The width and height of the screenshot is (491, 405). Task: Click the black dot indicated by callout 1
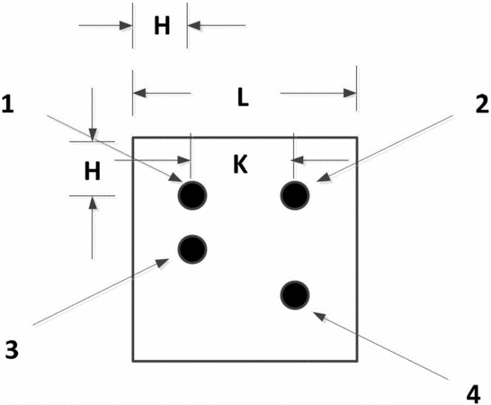click(192, 195)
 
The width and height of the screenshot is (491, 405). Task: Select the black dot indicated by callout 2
click(295, 195)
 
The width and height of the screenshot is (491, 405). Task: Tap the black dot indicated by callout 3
click(192, 249)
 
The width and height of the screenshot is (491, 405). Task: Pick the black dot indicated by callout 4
click(295, 295)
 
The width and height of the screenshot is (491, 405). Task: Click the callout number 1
click(8, 104)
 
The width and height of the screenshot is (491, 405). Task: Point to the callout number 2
click(482, 104)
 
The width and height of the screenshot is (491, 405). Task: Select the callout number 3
click(12, 349)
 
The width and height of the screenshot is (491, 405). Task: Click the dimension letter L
click(243, 97)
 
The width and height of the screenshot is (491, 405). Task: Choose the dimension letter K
click(240, 165)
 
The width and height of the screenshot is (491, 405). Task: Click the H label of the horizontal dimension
click(162, 25)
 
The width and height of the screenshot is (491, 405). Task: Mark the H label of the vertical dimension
click(93, 171)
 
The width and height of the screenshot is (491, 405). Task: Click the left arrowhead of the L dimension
click(139, 93)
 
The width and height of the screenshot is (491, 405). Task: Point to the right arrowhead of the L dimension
click(350, 93)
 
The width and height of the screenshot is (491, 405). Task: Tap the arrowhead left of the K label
click(183, 160)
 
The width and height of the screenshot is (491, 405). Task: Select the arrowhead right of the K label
click(298, 160)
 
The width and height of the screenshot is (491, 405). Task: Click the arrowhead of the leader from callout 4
click(320, 317)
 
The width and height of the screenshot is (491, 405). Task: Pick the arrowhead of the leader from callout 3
click(163, 263)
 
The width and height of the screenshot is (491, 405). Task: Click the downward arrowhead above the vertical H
click(92, 134)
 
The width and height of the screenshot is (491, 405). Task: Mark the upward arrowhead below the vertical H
click(92, 202)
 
